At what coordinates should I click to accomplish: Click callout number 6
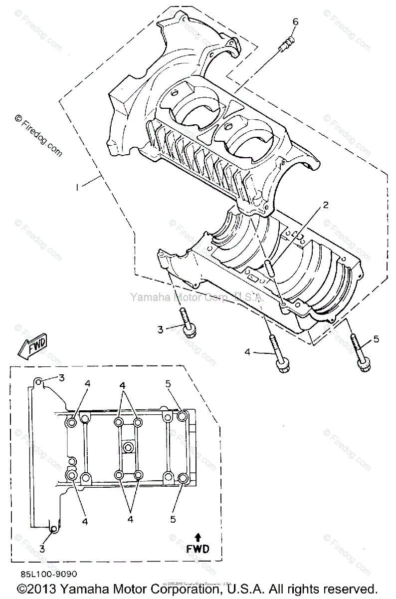[295, 21]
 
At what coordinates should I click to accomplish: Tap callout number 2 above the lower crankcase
[325, 205]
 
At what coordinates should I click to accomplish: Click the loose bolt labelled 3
[188, 324]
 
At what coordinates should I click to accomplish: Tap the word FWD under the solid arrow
[198, 549]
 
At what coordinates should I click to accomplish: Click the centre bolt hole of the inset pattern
[128, 446]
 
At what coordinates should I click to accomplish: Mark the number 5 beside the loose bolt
[376, 339]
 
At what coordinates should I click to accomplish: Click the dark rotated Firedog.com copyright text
[38, 136]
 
